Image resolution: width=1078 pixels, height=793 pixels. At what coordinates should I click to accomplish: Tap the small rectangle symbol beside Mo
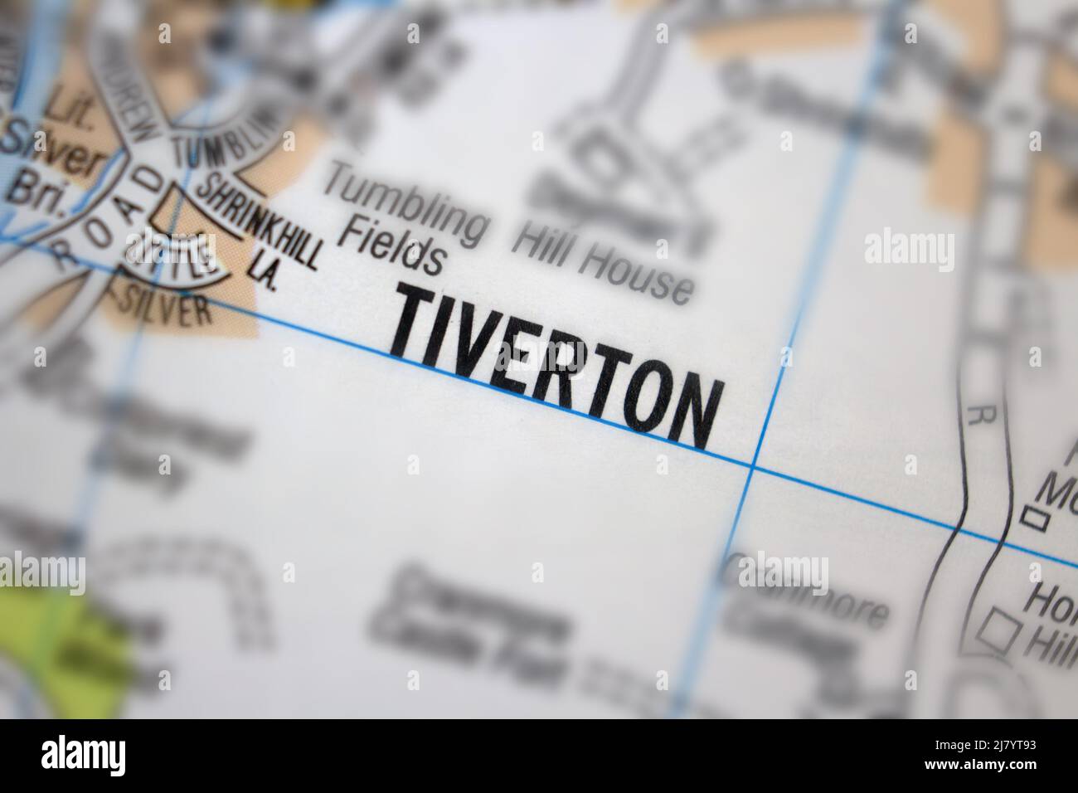(1032, 518)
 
